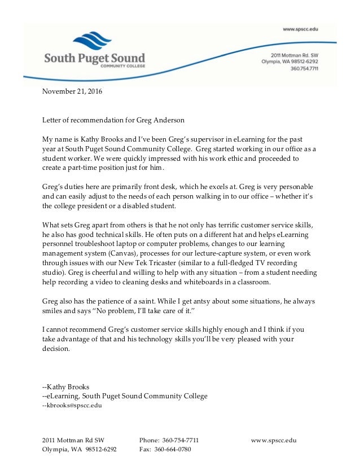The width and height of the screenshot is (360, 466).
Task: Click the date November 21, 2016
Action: point(73,90)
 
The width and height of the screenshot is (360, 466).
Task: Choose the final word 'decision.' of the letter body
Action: point(56,348)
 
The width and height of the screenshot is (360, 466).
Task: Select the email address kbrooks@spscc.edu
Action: point(72,406)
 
